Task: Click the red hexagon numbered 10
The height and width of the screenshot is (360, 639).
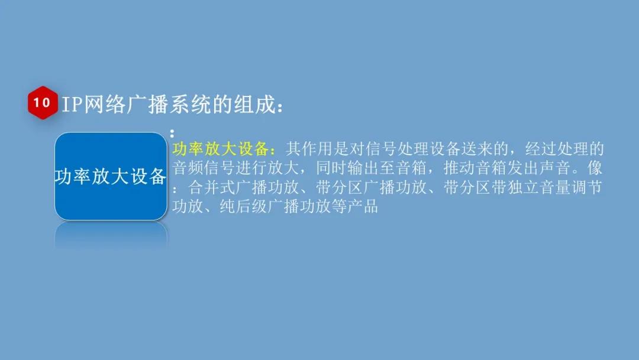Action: [43, 102]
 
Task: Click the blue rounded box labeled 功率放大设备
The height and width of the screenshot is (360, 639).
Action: [111, 176]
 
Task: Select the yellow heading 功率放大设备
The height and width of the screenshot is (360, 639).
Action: [220, 149]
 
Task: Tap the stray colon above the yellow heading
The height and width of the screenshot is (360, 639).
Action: [172, 133]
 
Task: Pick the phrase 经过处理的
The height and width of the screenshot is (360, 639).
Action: [564, 149]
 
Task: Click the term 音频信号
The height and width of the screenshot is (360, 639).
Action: [204, 168]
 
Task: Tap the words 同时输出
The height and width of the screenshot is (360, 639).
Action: [347, 168]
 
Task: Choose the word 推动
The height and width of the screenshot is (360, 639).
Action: [459, 168]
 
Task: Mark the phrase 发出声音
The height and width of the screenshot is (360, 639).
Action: [538, 168]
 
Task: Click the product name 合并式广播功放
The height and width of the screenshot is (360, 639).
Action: [243, 188]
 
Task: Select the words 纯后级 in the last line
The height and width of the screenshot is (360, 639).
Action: [243, 207]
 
